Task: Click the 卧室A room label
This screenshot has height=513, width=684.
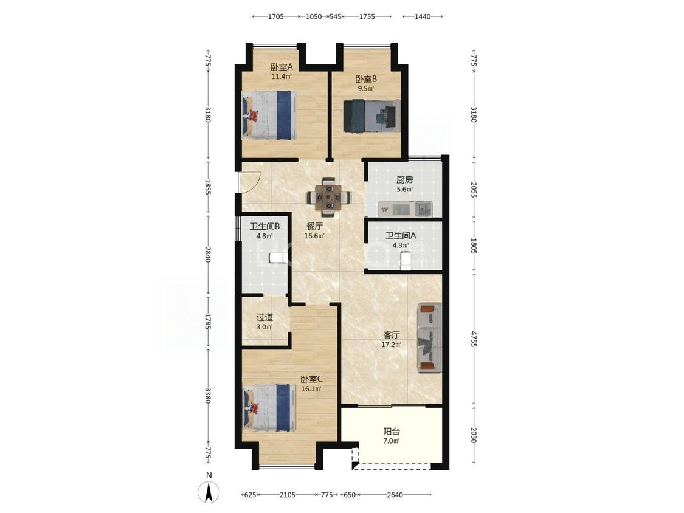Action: click(282, 67)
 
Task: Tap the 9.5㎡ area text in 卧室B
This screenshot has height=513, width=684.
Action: click(366, 89)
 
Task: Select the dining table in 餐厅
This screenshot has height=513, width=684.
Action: click(328, 197)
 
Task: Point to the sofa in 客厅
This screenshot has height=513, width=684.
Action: click(430, 338)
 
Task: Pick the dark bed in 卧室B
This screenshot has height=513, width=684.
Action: click(371, 115)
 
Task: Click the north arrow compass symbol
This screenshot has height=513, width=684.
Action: click(209, 492)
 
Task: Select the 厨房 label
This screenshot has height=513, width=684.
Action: click(404, 180)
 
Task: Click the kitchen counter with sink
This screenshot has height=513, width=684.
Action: click(406, 208)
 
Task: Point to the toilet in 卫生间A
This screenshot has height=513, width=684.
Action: click(406, 260)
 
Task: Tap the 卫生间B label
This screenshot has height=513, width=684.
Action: click(264, 227)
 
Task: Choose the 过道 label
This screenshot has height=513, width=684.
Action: click(264, 317)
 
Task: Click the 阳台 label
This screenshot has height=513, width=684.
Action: click(392, 432)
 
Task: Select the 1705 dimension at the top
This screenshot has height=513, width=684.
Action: click(275, 16)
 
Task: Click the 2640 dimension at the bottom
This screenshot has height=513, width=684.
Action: click(395, 495)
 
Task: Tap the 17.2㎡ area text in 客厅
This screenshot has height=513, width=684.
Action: click(392, 345)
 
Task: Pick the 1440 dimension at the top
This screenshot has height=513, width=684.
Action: click(423, 16)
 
